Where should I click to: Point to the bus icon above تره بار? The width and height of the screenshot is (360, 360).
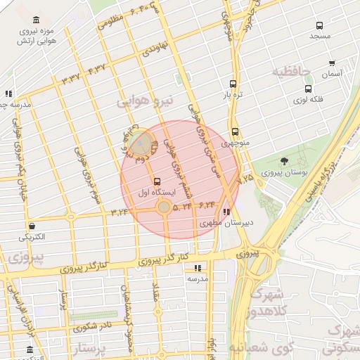tap(233, 83)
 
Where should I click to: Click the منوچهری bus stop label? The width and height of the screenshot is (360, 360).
tap(235, 143)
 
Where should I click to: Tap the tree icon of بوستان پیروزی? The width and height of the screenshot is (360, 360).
tap(283, 162)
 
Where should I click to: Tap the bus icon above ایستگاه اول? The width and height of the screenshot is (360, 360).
tap(156, 181)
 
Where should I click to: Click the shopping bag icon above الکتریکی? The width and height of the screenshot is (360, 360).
tap(32, 225)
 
